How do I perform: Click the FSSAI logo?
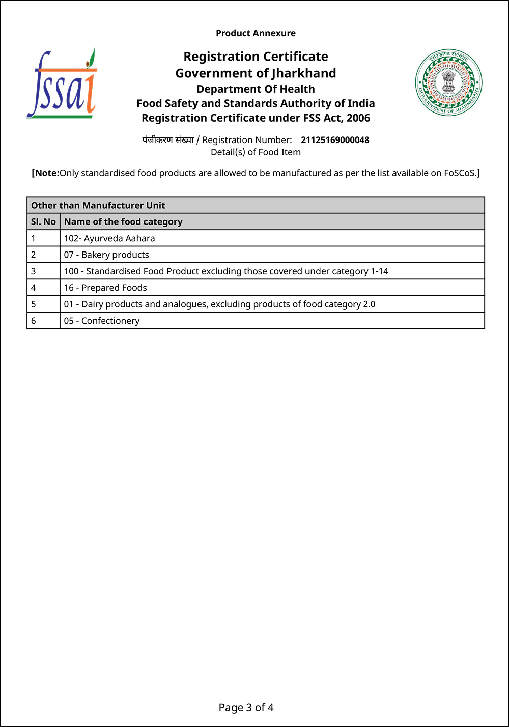click(x=61, y=85)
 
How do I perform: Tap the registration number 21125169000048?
click(x=335, y=140)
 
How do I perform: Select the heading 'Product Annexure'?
click(x=256, y=33)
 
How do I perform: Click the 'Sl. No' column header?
click(x=43, y=221)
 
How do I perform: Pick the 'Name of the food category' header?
click(x=123, y=221)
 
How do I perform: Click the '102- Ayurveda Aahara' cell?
click(x=109, y=238)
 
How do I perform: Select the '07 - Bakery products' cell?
click(x=106, y=255)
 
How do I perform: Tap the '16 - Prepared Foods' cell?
click(x=105, y=288)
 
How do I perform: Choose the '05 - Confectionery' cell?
click(x=102, y=321)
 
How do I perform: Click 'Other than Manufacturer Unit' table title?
click(x=98, y=205)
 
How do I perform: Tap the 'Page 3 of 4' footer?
click(x=246, y=707)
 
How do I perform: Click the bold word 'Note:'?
click(x=47, y=173)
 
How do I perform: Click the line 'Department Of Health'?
click(x=256, y=89)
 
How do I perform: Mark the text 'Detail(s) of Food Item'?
click(x=256, y=152)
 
